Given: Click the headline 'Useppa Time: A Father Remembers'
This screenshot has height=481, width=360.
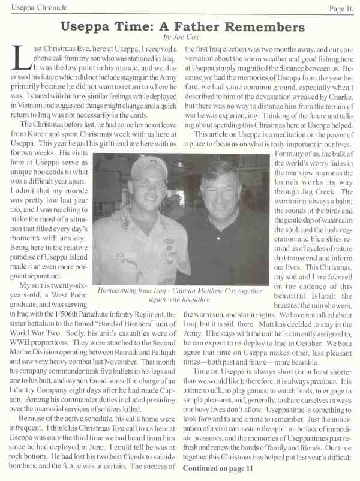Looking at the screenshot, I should pyautogui.click(x=180, y=27).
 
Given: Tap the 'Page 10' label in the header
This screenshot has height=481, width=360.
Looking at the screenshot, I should pyautogui.click(x=341, y=8).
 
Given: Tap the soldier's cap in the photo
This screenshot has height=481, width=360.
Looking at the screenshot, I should pyautogui.click(x=146, y=166).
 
